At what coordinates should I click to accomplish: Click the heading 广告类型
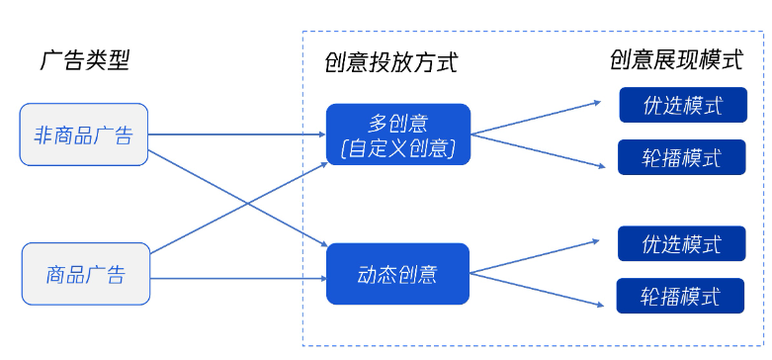click(x=84, y=61)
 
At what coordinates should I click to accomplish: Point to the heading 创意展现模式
click(x=676, y=60)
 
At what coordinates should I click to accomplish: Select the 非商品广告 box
click(x=84, y=134)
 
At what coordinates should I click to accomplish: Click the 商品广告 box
click(x=86, y=274)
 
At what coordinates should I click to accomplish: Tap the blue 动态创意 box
click(x=397, y=274)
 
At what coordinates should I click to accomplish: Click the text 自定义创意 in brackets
click(x=397, y=149)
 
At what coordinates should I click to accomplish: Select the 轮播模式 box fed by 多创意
click(x=682, y=158)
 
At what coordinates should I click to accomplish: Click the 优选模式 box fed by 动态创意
click(x=682, y=243)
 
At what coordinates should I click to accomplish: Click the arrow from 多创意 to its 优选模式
click(x=534, y=118)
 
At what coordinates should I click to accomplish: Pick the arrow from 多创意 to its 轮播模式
click(x=534, y=149)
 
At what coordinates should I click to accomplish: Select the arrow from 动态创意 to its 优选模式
click(x=534, y=255)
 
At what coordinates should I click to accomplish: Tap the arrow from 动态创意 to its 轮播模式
click(x=534, y=287)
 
